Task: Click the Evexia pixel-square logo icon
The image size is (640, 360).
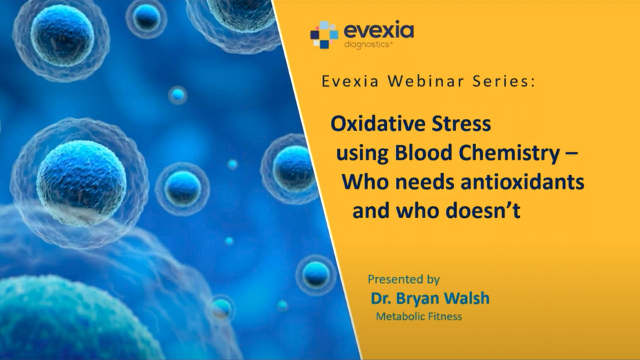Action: pyautogui.click(x=324, y=35)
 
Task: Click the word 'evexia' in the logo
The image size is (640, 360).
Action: pyautogui.click(x=379, y=31)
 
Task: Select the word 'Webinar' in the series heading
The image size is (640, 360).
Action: pyautogui.click(x=426, y=82)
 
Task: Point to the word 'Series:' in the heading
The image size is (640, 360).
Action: pyautogui.click(x=504, y=82)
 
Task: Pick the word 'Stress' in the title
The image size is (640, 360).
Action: pyautogui.click(x=461, y=124)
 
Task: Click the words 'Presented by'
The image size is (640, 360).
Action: pyautogui.click(x=404, y=279)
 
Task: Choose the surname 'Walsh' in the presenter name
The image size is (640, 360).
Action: pyautogui.click(x=467, y=298)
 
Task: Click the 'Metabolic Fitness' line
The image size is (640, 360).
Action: pyautogui.click(x=419, y=316)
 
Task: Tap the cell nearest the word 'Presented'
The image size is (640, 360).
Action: pyautogui.click(x=316, y=274)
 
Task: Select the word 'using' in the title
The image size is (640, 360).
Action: pyautogui.click(x=362, y=154)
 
